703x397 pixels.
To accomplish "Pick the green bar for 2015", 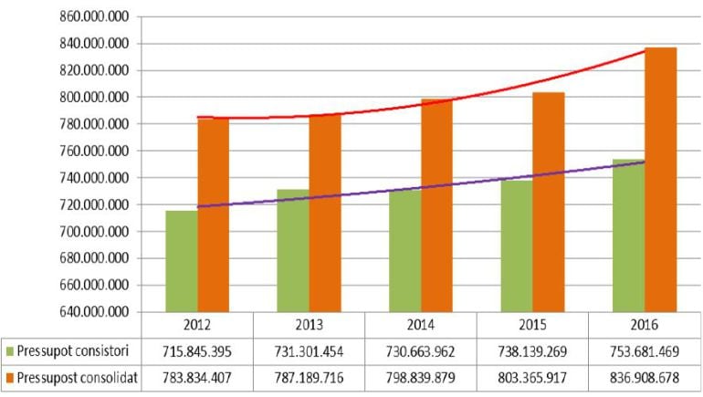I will point(518,246).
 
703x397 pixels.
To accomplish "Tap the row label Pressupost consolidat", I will point(77,378).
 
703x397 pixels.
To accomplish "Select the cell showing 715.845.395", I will point(197,350).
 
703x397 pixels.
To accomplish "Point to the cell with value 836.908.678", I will point(645,378).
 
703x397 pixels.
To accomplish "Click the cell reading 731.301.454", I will point(309,350).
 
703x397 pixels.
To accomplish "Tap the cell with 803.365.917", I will point(532,378).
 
